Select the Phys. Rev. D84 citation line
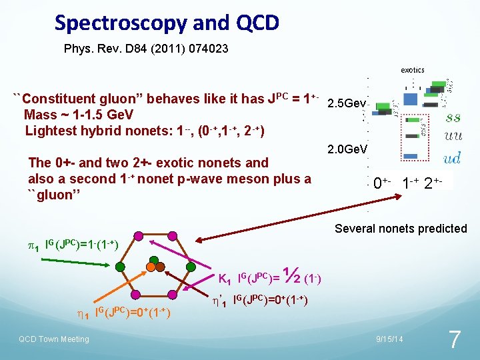[x=145, y=49]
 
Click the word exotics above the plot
[x=412, y=69]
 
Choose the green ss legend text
[x=453, y=118]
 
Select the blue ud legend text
[x=453, y=158]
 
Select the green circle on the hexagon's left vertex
[x=120, y=266]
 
